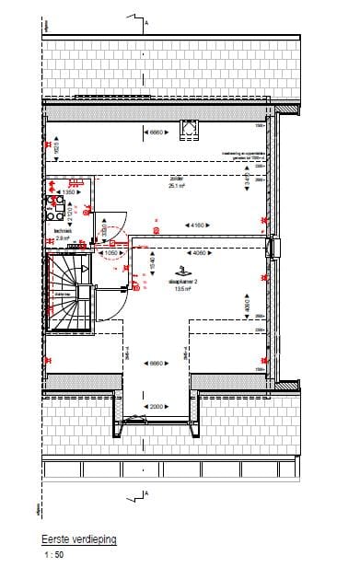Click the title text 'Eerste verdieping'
click(x=80, y=542)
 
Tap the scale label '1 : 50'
click(x=53, y=556)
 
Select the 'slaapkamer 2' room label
click(x=181, y=281)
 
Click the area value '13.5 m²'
click(x=181, y=288)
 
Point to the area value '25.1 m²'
click(x=176, y=185)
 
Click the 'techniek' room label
click(x=64, y=231)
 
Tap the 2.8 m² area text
click(x=64, y=237)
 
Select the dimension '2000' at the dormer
click(x=156, y=406)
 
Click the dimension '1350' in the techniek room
click(x=68, y=191)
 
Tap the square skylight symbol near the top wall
click(x=191, y=129)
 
